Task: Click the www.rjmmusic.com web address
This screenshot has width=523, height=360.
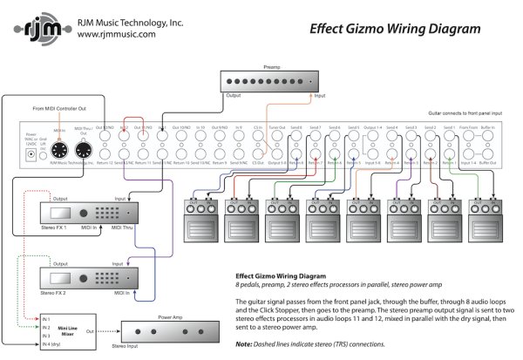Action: pos(117,35)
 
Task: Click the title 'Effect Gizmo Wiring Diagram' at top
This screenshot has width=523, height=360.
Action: pos(395,29)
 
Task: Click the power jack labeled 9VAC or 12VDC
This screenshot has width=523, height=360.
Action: pos(32,151)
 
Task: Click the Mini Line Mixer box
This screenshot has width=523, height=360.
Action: pos(67,333)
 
